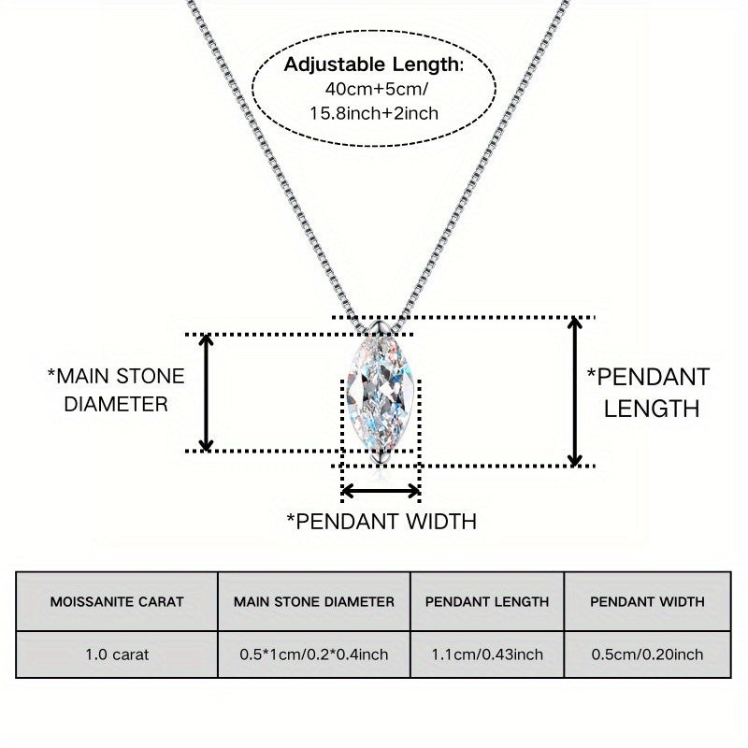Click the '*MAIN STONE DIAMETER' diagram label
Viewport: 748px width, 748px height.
click(116, 391)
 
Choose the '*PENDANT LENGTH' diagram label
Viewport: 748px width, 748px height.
click(648, 392)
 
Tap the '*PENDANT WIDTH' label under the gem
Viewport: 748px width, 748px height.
click(381, 521)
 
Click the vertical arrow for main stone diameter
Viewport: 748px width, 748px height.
click(208, 393)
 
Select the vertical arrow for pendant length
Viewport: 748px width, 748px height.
click(577, 391)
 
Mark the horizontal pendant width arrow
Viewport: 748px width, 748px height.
click(381, 490)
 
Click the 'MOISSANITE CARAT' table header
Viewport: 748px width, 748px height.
click(117, 601)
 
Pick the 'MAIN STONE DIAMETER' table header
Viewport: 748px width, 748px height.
click(314, 601)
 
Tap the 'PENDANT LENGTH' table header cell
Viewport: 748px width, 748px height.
click(487, 601)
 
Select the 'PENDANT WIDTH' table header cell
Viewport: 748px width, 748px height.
click(647, 601)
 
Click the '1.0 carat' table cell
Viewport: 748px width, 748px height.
click(117, 654)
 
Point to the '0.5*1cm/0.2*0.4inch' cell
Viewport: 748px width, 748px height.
click(314, 654)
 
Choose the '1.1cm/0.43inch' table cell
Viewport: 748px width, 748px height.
click(487, 654)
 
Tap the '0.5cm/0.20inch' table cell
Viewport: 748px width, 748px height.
click(647, 654)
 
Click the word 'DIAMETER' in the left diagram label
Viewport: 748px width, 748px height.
click(117, 405)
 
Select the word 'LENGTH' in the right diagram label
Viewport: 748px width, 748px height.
click(652, 408)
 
